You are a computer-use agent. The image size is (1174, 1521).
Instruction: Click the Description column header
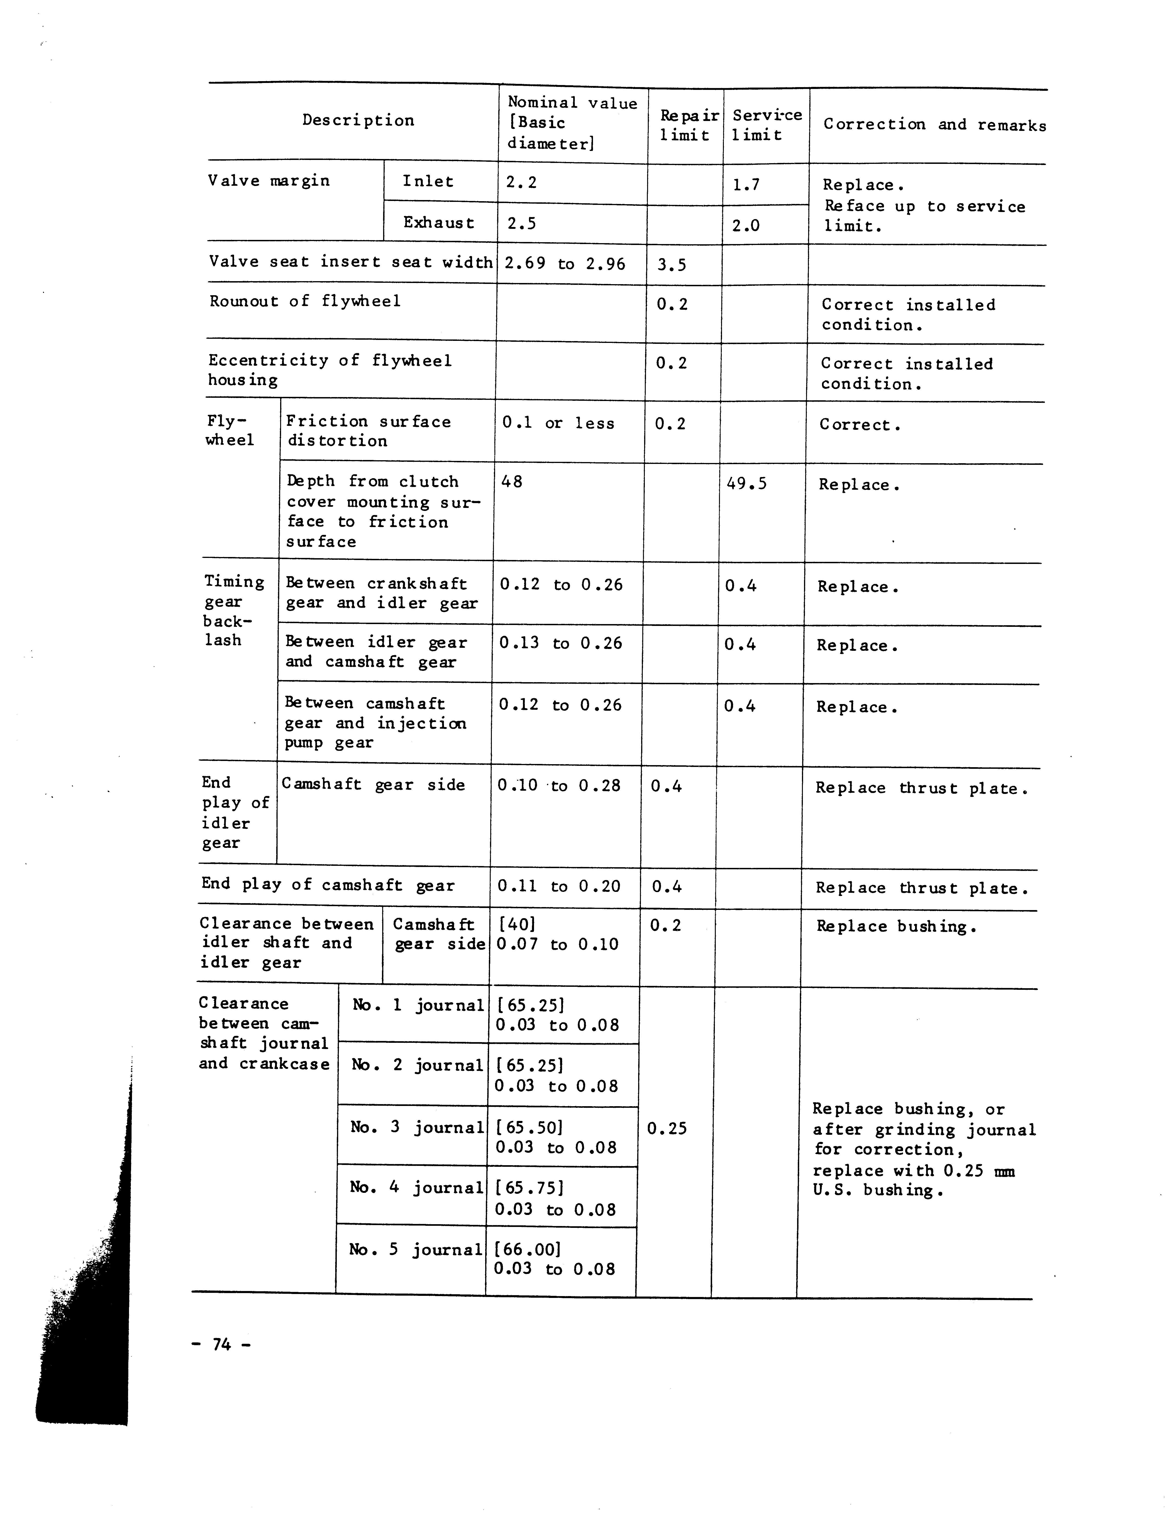pyautogui.click(x=358, y=121)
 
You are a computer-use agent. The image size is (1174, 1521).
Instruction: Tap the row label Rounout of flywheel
pyautogui.click(x=305, y=302)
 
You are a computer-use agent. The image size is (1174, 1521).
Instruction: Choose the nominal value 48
pyautogui.click(x=512, y=481)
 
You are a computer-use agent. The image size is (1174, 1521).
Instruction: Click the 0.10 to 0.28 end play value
pyautogui.click(x=558, y=786)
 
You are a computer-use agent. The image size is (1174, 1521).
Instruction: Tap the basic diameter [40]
pyautogui.click(x=517, y=924)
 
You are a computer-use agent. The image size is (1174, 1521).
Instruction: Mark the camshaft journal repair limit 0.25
pyautogui.click(x=666, y=1128)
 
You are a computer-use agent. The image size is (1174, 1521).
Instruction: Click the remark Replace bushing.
pyautogui.click(x=897, y=927)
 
